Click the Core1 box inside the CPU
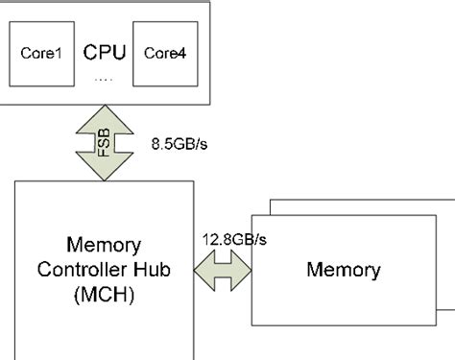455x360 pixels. pyautogui.click(x=41, y=53)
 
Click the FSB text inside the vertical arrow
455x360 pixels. pyautogui.click(x=103, y=144)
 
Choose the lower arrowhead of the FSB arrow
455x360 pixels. pyautogui.click(x=103, y=170)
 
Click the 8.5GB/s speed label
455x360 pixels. pyautogui.click(x=179, y=145)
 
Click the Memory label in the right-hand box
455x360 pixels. pyautogui.click(x=344, y=269)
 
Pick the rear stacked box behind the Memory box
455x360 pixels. pyautogui.click(x=365, y=206)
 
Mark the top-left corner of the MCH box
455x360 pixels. pyautogui.click(x=15, y=180)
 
